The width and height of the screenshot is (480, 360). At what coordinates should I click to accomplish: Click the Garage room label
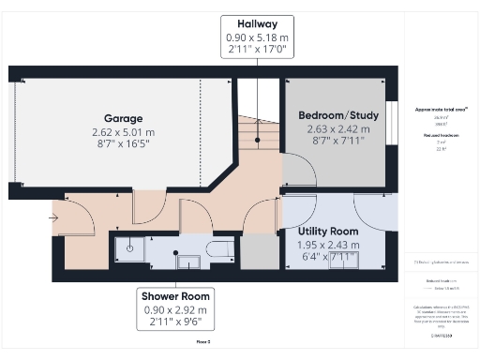pos(123,118)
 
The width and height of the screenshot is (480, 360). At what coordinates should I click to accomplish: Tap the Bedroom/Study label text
pos(338,115)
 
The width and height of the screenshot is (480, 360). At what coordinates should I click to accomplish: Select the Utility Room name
pos(328,231)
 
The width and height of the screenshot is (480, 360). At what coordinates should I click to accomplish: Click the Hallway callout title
pos(256,22)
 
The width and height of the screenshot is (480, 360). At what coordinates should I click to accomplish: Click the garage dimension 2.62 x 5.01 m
pos(123,132)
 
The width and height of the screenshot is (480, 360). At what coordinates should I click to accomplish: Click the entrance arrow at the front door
pos(53,218)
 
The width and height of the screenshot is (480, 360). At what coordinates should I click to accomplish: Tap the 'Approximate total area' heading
pos(441,110)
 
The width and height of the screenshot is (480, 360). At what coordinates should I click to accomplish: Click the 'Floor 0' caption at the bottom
pos(202,342)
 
